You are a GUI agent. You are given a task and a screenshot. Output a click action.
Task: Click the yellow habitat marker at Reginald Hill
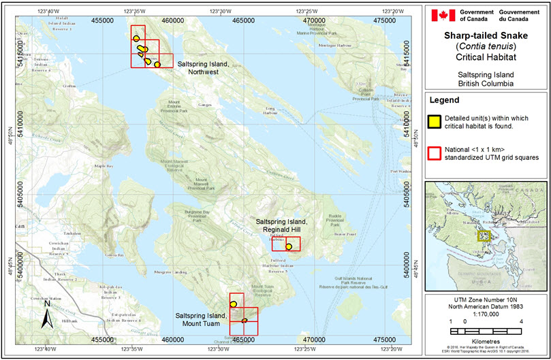[x=289, y=246]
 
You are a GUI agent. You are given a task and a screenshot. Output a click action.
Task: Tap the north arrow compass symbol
[x=46, y=316]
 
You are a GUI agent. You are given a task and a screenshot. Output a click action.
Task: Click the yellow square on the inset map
[x=484, y=235]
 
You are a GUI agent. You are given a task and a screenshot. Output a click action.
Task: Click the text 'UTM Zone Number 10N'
[x=487, y=299]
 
